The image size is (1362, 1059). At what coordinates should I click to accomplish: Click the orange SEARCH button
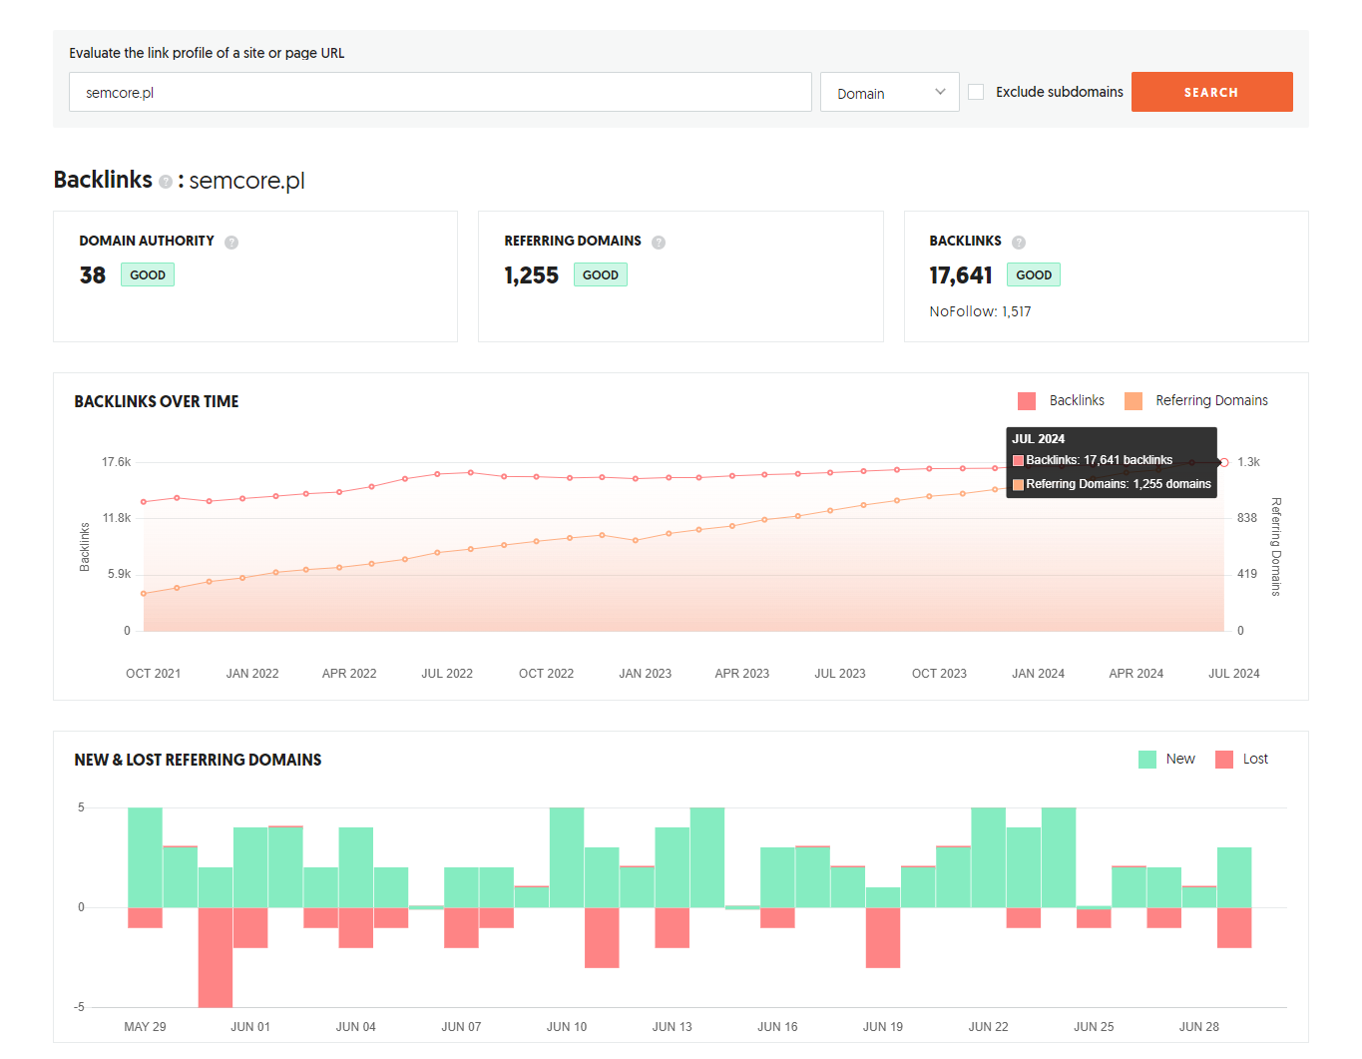click(1211, 92)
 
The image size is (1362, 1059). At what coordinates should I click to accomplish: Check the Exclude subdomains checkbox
click(976, 92)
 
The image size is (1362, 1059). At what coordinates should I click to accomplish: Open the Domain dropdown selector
click(889, 92)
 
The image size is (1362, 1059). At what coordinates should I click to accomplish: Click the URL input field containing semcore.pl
click(440, 92)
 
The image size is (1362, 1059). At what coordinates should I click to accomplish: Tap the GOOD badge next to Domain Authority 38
click(148, 274)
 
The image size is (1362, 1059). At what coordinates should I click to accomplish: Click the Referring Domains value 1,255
click(531, 275)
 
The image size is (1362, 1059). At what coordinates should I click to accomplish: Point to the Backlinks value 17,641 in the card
click(960, 275)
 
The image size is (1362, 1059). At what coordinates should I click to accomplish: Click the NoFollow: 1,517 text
click(980, 311)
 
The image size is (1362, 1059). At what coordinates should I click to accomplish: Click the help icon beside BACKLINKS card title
click(1019, 242)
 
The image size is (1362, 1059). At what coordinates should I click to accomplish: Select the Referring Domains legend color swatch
click(1134, 400)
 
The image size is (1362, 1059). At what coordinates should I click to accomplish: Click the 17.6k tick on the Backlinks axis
click(117, 462)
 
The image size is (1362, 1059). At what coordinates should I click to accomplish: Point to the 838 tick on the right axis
click(1246, 518)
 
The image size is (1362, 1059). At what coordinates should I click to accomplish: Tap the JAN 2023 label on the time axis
click(645, 674)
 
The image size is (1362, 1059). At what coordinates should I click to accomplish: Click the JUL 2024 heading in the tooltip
click(1038, 439)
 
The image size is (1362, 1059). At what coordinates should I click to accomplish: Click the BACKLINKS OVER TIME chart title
click(157, 401)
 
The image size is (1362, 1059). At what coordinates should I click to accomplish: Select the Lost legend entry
click(1241, 759)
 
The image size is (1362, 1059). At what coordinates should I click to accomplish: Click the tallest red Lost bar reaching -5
click(215, 957)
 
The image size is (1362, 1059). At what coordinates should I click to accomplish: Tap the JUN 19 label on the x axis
click(882, 1026)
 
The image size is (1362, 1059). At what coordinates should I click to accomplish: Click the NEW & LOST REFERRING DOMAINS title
click(198, 760)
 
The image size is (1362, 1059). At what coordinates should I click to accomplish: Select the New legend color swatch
click(1147, 760)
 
